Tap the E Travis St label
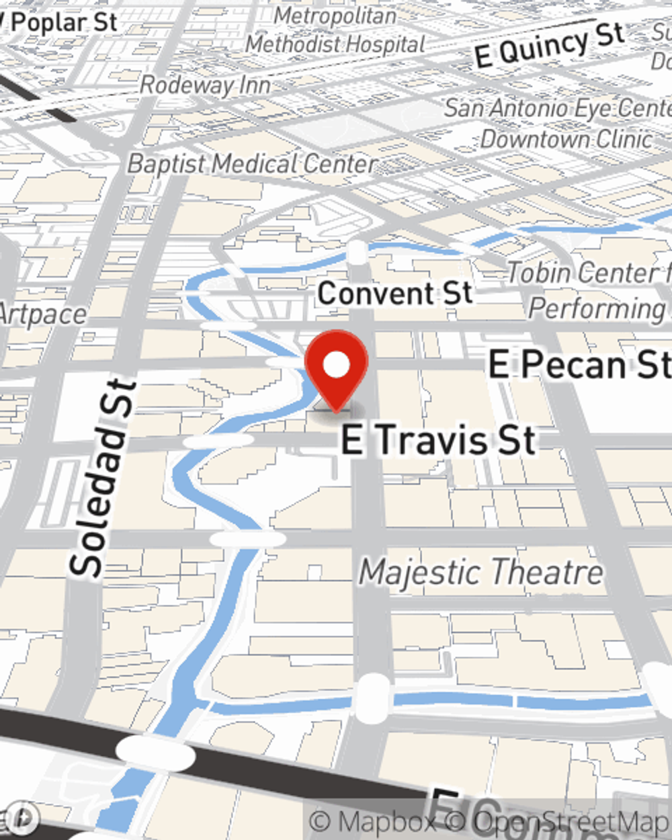pyautogui.click(x=438, y=440)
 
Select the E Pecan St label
pyautogui.click(x=578, y=365)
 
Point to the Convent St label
pyautogui.click(x=395, y=294)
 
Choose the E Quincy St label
pyautogui.click(x=548, y=45)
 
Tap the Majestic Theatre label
pyautogui.click(x=481, y=573)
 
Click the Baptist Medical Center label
pyautogui.click(x=251, y=164)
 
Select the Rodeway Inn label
pyautogui.click(x=205, y=85)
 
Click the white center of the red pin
pyautogui.click(x=336, y=365)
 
